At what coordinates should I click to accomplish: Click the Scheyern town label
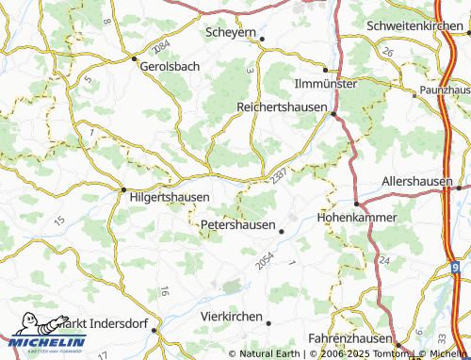tap(230, 32)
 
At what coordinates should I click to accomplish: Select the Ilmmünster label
tap(324, 83)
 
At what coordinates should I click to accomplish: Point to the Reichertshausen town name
tap(282, 107)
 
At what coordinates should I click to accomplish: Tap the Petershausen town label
tap(238, 225)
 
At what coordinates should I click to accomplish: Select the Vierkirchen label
tap(231, 317)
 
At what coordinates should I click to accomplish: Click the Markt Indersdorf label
tap(101, 323)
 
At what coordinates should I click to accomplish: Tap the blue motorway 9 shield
tap(455, 269)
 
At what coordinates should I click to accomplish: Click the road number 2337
tap(277, 176)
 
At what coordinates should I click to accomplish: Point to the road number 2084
tap(161, 46)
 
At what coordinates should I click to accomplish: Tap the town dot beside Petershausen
tap(282, 227)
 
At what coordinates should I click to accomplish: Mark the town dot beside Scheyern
tap(263, 39)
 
